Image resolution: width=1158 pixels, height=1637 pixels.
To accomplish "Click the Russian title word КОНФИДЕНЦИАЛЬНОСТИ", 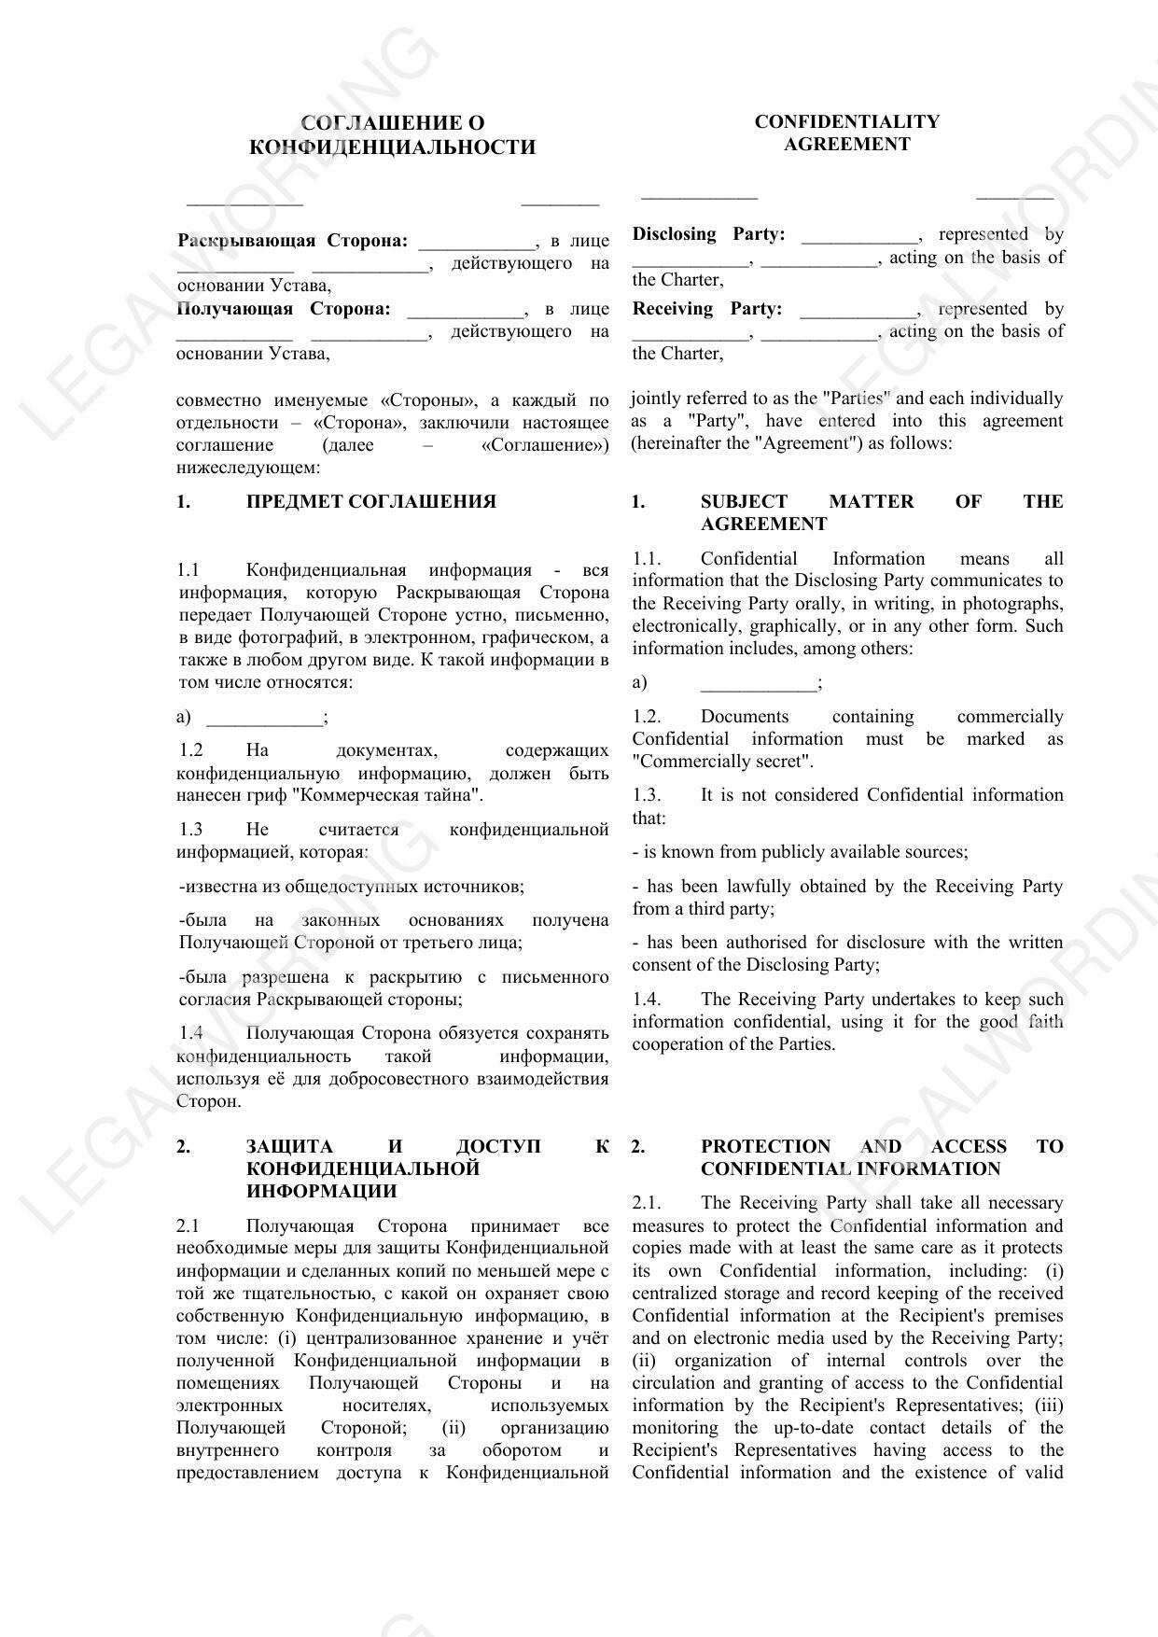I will pos(393,147).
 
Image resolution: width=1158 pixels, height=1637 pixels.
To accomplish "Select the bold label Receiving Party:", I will pos(706,309).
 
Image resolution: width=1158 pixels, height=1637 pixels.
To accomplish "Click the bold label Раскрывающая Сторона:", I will pos(292,241).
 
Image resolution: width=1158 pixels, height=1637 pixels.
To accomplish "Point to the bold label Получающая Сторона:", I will pos(283,309).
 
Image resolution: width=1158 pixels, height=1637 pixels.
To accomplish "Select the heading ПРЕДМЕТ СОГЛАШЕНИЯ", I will pos(370,502).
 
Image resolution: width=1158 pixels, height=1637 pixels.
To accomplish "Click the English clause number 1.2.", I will pos(646,717).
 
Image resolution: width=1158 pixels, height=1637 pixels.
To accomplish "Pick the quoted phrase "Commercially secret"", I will pos(722,762).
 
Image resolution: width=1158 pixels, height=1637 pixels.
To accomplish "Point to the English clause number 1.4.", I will pos(646,1000).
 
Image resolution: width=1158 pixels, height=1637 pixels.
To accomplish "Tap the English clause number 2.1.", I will pos(646,1203).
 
